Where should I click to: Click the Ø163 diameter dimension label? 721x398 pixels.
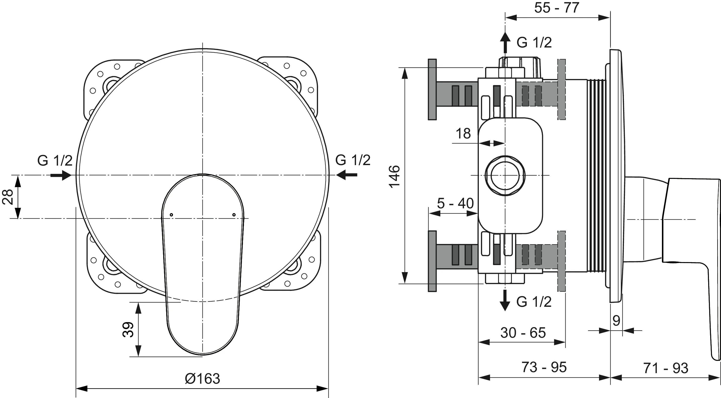202,379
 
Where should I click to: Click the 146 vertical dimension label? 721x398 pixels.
394,176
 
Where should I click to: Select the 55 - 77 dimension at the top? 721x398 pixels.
557,8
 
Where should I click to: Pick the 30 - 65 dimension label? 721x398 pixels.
523,333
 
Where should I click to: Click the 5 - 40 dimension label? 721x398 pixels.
455,203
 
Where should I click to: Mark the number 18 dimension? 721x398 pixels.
463,133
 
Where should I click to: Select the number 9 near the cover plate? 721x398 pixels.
616,321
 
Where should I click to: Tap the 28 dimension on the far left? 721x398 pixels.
8,197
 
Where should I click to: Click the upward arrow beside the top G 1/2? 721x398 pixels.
505,42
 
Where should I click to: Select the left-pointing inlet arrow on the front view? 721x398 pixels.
347,175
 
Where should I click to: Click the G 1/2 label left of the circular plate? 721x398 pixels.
55,161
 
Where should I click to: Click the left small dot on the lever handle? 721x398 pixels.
172,215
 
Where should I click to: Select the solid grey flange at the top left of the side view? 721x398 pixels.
432,89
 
